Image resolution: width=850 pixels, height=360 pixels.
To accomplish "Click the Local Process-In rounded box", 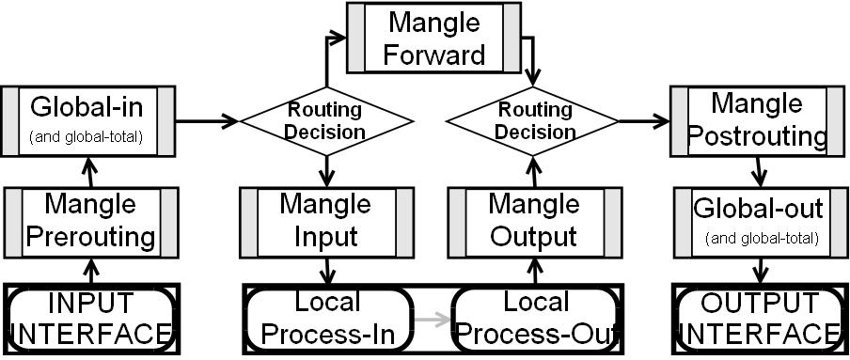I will (328, 321).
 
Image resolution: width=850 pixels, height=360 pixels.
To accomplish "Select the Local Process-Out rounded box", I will (535, 321).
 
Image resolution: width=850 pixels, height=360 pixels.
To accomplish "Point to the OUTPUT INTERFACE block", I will (757, 321).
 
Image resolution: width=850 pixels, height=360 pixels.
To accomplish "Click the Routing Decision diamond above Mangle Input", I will (327, 120).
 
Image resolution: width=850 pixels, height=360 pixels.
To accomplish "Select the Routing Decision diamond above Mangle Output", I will (534, 120).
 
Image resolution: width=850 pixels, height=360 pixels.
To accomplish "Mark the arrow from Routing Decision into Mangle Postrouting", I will (643, 120).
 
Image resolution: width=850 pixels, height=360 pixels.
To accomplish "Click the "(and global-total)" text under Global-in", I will (86, 137).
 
